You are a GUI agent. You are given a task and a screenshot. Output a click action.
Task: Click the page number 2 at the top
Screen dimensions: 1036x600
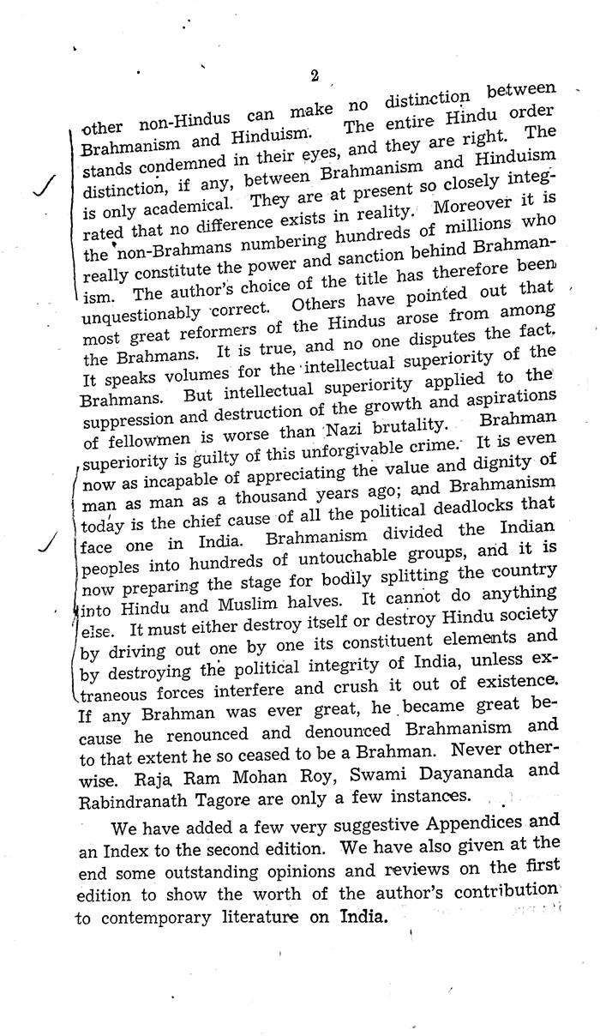click(315, 76)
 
